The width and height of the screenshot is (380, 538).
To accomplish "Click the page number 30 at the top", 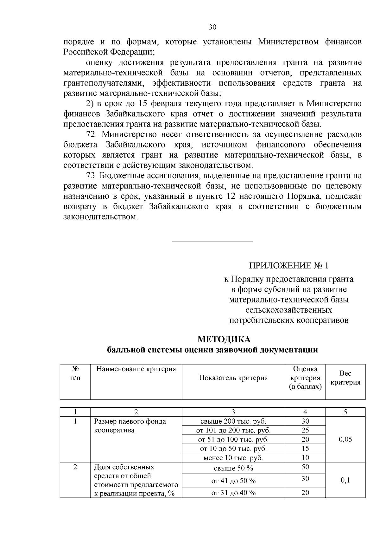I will click(x=212, y=27).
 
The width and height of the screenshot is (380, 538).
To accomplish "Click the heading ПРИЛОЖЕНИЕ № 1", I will click(x=288, y=265).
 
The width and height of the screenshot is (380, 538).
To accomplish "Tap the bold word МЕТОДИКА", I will click(x=224, y=339).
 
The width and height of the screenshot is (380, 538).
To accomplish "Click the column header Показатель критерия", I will click(x=233, y=378).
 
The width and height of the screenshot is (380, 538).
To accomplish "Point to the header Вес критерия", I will click(x=345, y=378).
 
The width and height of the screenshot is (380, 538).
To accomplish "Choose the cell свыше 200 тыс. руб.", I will click(x=233, y=421).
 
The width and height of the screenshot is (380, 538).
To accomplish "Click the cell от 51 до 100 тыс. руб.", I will click(x=233, y=439).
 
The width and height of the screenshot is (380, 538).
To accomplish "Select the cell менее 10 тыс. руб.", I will click(x=233, y=458).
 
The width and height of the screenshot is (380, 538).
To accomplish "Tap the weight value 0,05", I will click(x=345, y=439).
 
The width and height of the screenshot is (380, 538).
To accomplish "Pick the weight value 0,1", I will click(x=345, y=480).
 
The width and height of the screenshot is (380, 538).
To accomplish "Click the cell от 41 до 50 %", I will click(x=233, y=481).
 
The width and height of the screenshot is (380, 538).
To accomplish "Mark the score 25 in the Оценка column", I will click(x=305, y=430).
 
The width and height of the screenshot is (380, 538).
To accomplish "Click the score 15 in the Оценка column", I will click(x=305, y=448).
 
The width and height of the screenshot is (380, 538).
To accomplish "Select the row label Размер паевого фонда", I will click(x=130, y=421).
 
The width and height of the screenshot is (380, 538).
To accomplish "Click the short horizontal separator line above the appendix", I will click(x=212, y=242).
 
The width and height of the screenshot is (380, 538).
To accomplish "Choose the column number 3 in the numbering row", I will click(x=233, y=412).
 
